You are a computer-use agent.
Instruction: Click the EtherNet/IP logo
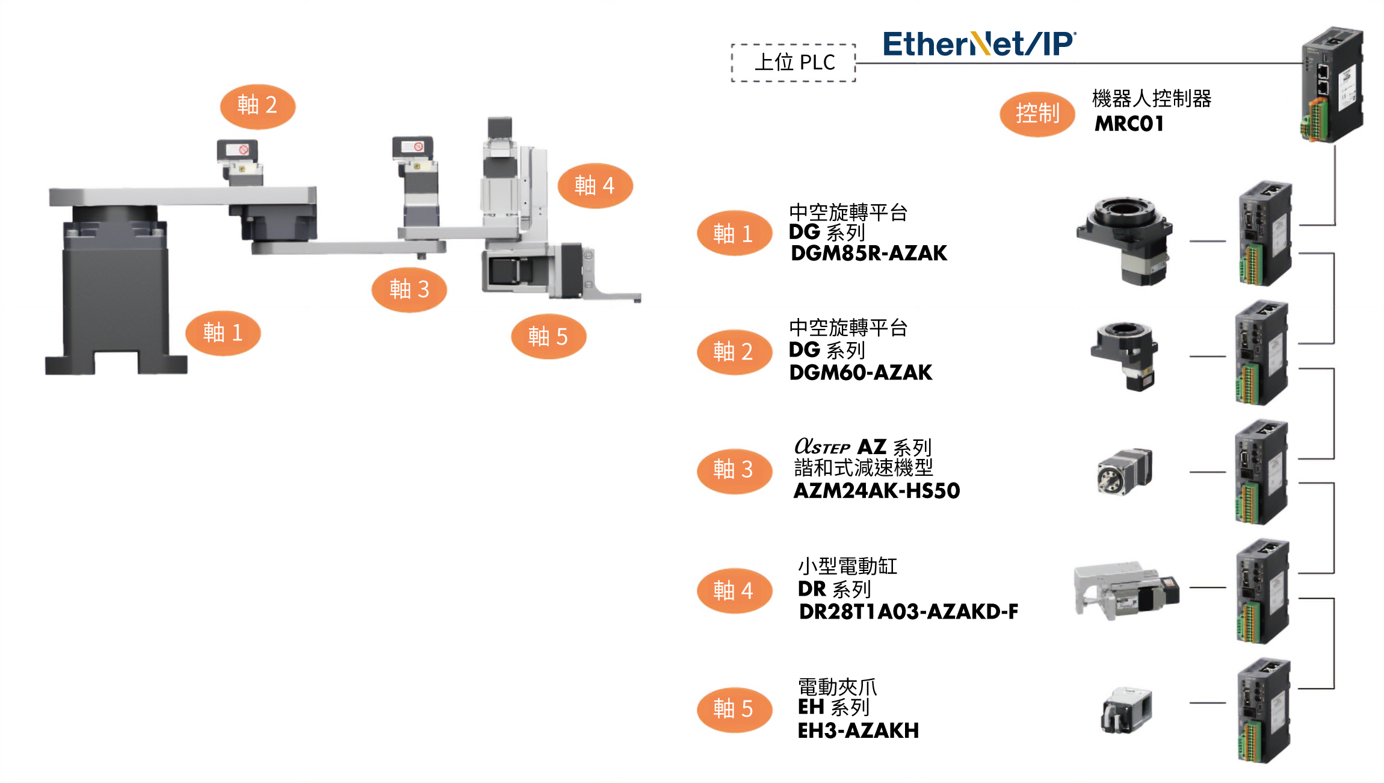pos(979,44)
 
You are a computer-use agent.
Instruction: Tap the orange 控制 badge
pos(1037,114)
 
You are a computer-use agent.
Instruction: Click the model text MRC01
pos(1129,123)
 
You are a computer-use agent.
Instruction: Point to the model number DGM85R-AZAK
pos(869,253)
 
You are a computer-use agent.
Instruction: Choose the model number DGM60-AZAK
pos(860,372)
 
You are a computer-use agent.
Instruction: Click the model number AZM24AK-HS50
pos(877,490)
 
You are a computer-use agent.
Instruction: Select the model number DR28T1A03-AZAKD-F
pos(909,611)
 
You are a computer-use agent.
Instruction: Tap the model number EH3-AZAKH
pos(858,731)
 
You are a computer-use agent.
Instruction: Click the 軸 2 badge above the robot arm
pos(258,106)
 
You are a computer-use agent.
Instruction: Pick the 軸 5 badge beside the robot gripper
pos(548,337)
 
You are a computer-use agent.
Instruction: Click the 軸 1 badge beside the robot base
pos(223,333)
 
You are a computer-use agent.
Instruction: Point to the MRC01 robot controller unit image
pos(1332,84)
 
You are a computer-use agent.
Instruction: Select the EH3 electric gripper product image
pos(1126,711)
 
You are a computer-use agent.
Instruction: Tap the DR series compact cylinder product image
pos(1126,591)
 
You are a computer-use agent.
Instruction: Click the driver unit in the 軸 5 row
pos(1264,711)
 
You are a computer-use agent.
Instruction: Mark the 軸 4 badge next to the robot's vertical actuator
pos(595,186)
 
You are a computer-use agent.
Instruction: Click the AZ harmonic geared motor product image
pos(1124,472)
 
